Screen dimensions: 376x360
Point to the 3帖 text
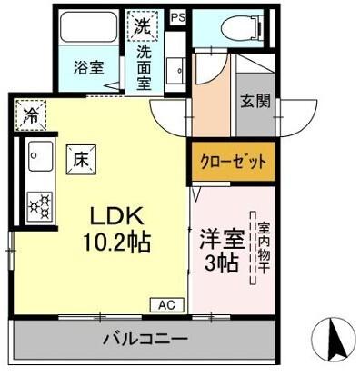point(221,264)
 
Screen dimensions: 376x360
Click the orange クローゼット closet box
point(234,163)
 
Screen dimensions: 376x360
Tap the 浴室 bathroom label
point(87,66)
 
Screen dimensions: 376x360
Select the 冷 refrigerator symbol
point(32,116)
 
